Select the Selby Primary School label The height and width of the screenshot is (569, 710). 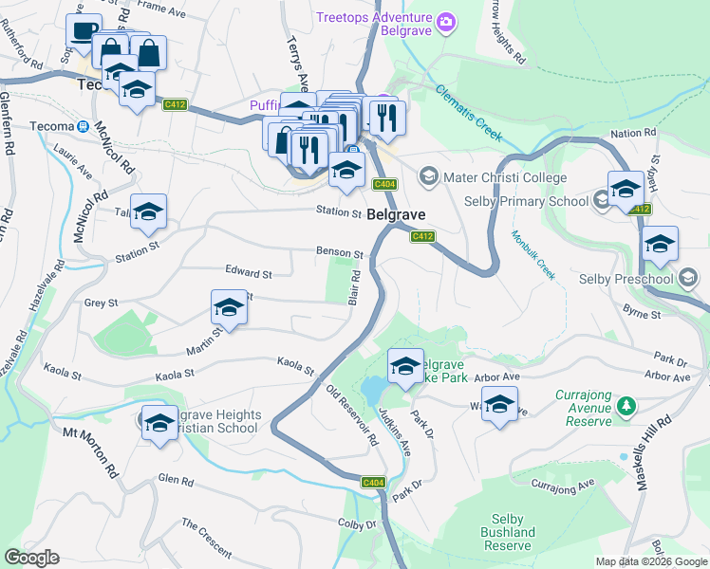(527, 201)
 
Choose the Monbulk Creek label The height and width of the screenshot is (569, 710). (532, 253)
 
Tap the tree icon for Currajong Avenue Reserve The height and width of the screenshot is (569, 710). (626, 406)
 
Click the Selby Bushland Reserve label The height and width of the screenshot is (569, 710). (507, 538)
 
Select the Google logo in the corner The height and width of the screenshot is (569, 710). (31, 558)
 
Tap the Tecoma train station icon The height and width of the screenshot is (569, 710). (84, 125)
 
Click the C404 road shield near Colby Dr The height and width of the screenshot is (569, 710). (373, 483)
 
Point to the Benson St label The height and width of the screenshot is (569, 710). (340, 253)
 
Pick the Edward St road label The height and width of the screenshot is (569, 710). (248, 273)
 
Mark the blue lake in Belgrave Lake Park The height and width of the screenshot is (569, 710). (374, 389)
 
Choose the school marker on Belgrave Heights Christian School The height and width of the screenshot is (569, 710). (159, 422)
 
